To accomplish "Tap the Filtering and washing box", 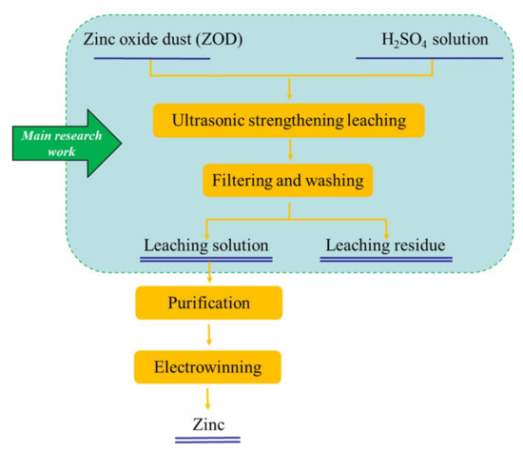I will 287,177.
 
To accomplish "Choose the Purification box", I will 209,305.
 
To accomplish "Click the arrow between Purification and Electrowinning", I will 209,334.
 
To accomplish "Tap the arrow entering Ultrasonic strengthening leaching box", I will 287,90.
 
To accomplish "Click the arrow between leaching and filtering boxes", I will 287,150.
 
